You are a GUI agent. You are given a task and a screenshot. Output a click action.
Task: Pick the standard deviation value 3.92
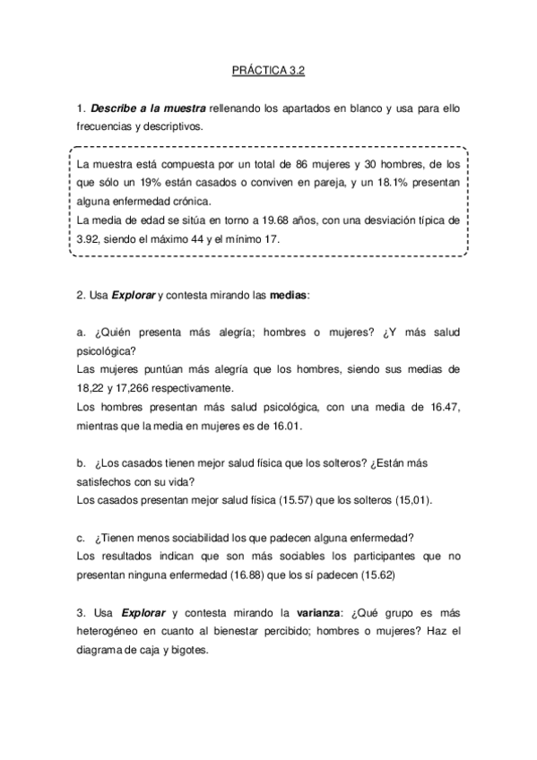coord(89,239)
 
